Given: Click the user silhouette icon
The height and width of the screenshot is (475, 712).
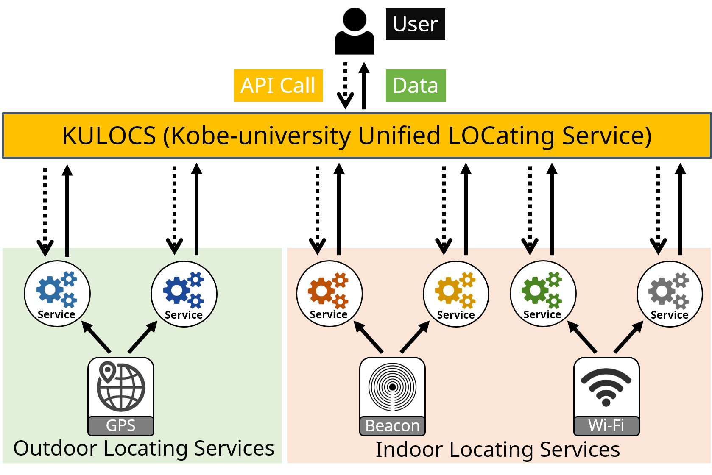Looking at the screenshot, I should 355,31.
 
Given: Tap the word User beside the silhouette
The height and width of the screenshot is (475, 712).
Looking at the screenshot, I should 415,24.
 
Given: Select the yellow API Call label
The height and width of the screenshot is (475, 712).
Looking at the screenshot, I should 278,86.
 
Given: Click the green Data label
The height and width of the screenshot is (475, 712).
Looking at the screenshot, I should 416,86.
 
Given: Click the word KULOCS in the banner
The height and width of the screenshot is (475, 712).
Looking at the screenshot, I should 109,136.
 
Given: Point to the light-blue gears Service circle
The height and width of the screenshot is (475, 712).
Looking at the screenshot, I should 57,294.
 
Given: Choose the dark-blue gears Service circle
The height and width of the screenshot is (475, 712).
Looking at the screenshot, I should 184,294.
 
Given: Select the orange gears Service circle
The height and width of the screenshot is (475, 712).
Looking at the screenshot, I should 329,294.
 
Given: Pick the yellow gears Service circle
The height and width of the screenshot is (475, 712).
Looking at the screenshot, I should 456,294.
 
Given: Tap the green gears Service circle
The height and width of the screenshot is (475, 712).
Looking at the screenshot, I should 543,294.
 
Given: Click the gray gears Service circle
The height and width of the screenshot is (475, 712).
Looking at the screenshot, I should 670,294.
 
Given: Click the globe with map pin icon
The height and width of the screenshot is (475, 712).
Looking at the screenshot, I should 121,386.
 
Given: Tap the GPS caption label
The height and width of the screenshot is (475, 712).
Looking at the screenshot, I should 121,425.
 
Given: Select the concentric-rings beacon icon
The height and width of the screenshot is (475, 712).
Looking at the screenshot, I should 392,387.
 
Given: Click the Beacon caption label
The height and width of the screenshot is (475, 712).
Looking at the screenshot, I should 392,426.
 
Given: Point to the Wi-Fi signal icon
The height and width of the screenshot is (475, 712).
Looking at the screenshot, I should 606,386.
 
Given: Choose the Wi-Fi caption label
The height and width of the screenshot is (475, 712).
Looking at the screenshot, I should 606,425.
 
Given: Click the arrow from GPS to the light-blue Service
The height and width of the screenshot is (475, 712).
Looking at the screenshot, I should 96,337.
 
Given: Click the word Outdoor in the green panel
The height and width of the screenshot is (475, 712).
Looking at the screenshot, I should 55,448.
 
